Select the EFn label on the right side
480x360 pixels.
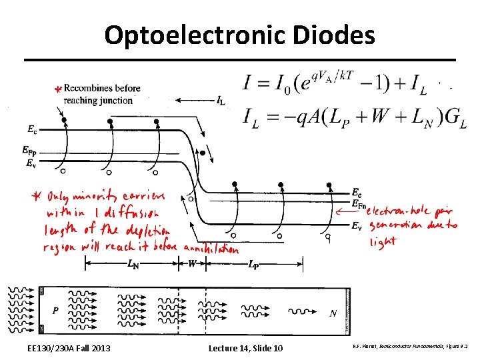(x=358, y=203)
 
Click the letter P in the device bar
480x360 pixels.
(x=56, y=311)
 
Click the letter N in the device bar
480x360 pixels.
(x=333, y=313)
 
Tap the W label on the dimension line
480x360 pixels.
(x=192, y=264)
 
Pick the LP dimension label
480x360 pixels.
(x=253, y=265)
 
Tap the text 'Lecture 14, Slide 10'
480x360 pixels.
(x=245, y=349)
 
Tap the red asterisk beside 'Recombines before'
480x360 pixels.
(x=58, y=89)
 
